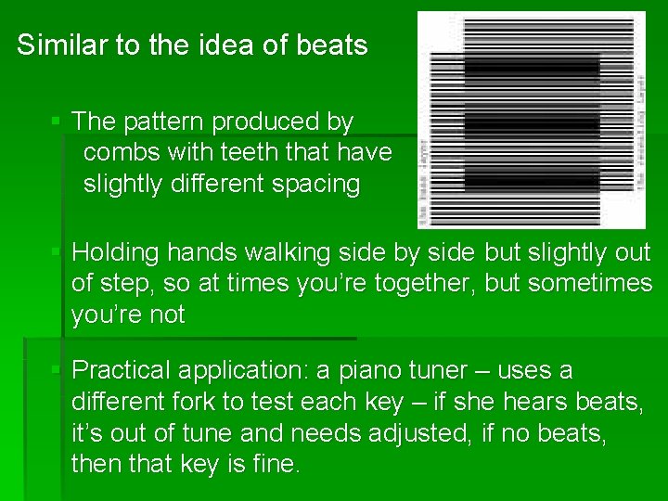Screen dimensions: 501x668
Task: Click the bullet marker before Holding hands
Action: coord(57,252)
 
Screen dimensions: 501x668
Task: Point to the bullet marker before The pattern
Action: coord(57,122)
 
